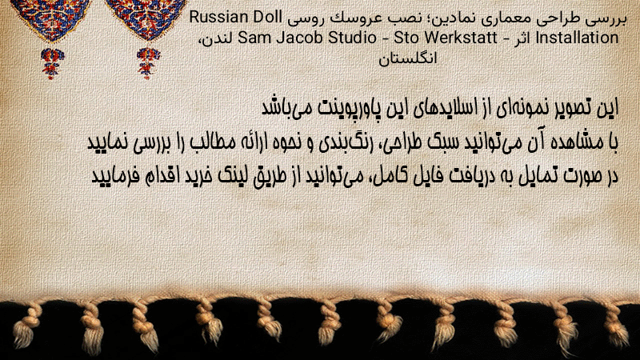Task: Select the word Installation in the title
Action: click(577, 38)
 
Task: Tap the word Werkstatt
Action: click(461, 38)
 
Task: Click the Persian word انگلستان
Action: click(408, 58)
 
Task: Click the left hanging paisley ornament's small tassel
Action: click(52, 62)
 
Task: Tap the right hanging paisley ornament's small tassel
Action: click(148, 62)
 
